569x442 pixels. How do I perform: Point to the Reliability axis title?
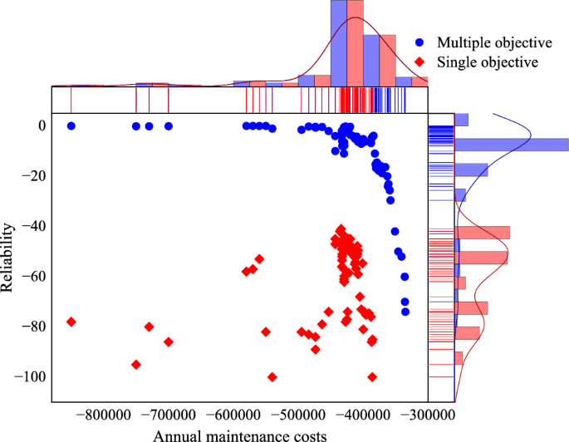point(8,256)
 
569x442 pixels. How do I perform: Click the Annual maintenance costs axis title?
point(238,434)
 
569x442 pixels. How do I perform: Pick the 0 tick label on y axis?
point(39,125)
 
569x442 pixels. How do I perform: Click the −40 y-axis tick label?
point(32,226)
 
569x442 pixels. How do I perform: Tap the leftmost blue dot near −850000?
point(71,126)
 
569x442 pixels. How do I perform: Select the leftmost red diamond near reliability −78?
point(71,322)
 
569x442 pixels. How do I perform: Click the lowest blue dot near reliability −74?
point(405,312)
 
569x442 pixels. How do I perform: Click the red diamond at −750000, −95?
point(136,364)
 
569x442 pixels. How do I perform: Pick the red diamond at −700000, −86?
point(169,341)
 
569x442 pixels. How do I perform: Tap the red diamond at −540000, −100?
point(272,376)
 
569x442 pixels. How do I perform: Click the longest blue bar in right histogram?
point(511,145)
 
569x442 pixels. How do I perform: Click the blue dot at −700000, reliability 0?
point(169,126)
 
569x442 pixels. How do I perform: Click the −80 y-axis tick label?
point(32,327)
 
